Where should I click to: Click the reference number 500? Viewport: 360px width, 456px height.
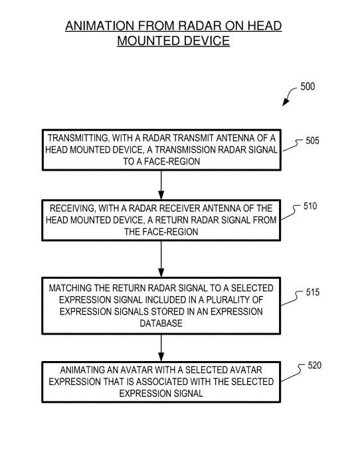308,86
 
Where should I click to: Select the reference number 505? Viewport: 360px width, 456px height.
312,141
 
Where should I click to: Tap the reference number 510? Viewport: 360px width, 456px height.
310,206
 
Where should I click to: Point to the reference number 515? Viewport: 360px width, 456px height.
313,292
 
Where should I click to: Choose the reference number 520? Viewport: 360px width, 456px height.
315,365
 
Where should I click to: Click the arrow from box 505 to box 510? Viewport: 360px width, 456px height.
161,185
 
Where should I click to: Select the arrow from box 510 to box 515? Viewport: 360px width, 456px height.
161,259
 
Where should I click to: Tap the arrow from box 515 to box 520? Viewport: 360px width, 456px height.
161,348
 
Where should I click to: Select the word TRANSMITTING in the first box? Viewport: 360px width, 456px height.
78,138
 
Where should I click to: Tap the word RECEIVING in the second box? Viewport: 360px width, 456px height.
72,208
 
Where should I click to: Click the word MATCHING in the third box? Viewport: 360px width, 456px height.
70,288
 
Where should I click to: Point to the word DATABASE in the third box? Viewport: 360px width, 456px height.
161,323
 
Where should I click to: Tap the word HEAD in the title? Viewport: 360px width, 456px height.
264,26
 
